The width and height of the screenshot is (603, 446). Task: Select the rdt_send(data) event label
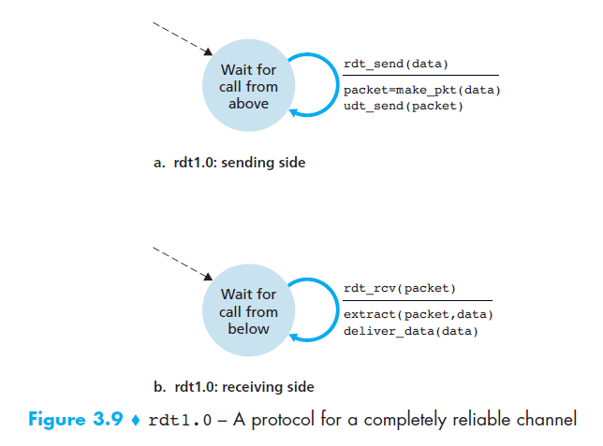click(396, 64)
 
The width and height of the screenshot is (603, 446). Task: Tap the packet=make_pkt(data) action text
click(422, 90)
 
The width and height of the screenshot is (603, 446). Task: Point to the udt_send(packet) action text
click(403, 106)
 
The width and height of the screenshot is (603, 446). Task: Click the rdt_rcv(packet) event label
click(400, 289)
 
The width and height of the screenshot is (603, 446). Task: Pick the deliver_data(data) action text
click(410, 331)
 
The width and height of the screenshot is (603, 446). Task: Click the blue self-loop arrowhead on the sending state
click(294, 112)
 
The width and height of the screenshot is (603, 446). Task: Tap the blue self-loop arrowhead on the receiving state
click(294, 338)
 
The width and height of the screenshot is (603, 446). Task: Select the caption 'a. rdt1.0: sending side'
click(229, 163)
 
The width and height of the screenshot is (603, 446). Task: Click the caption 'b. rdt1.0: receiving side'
click(233, 387)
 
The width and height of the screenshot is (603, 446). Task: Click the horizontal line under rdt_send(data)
click(420, 75)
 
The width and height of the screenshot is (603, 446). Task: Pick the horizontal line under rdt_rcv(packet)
click(420, 301)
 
